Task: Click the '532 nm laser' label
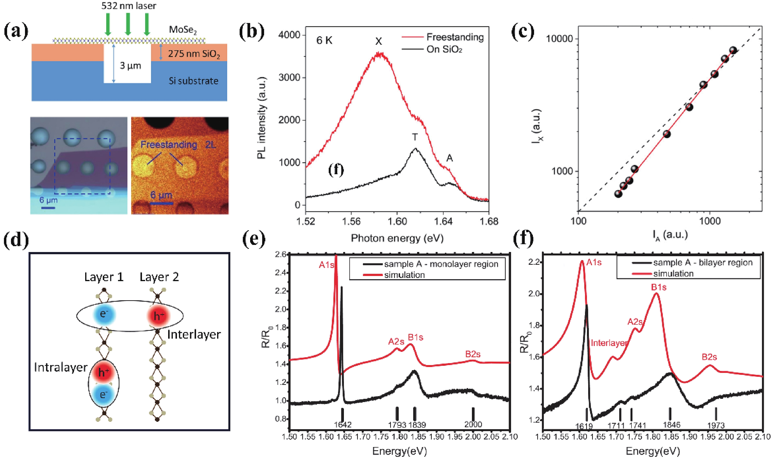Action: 129,6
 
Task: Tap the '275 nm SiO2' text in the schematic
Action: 194,54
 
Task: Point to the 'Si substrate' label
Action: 193,81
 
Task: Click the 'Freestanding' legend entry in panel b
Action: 455,37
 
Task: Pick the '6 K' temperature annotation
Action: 324,41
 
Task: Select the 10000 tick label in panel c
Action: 559,39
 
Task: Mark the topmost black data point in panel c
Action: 733,50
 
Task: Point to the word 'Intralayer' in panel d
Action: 61,367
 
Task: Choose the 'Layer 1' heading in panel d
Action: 104,277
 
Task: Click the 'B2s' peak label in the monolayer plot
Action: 473,354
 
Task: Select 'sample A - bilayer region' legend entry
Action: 702,263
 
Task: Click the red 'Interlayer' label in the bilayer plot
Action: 609,343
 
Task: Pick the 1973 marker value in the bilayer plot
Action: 716,425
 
